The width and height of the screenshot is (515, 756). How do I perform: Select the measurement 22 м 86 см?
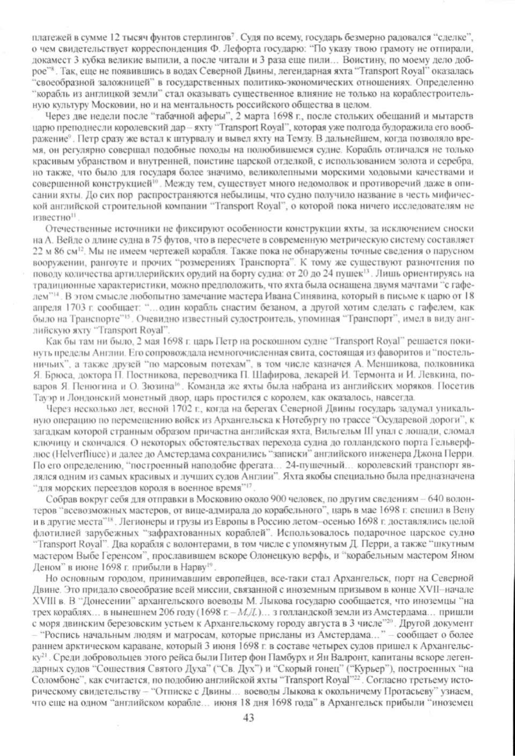tap(55, 251)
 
